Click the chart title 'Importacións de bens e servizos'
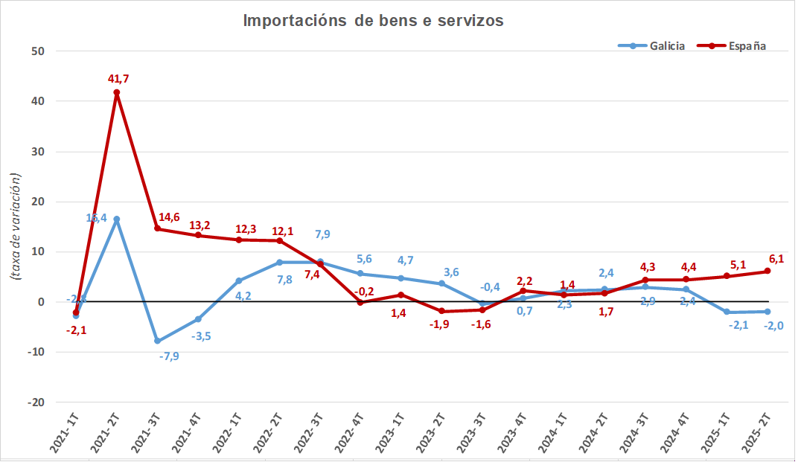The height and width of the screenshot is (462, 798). (373, 21)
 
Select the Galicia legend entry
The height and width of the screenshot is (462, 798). (651, 46)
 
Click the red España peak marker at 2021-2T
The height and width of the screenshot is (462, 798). (117, 92)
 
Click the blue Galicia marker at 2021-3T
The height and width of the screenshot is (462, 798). (157, 341)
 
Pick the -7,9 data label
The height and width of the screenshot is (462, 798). (169, 356)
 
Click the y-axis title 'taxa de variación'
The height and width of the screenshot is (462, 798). (15, 226)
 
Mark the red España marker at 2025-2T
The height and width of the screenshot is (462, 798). (767, 271)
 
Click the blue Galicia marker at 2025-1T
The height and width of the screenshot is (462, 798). (727, 312)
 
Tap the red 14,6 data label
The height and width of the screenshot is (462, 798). (169, 217)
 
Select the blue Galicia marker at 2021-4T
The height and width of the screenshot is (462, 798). (198, 319)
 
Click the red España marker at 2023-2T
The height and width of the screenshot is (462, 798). (441, 311)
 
